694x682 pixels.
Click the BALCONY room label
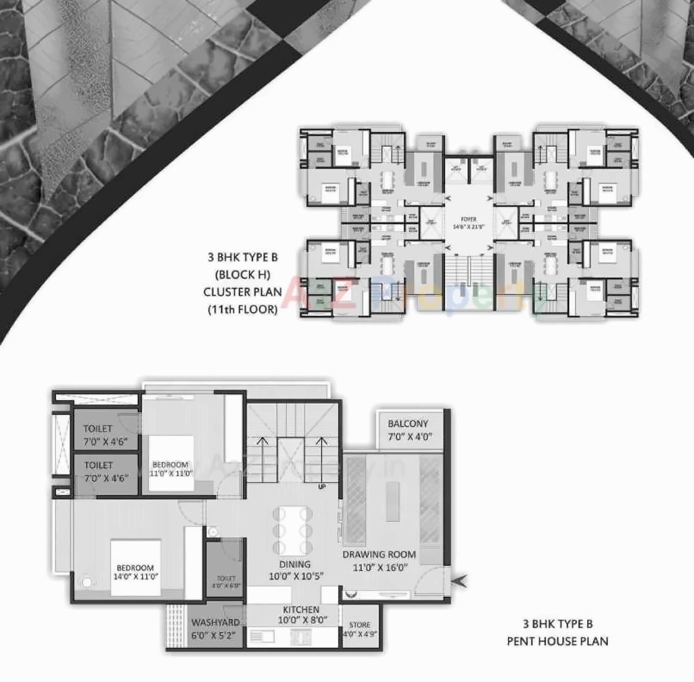408,424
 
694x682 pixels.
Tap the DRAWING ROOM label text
379,554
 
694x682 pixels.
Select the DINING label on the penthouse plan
295,564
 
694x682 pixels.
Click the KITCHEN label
301,610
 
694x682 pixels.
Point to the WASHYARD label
215,623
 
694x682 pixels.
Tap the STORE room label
359,625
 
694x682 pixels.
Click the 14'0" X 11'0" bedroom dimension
136,577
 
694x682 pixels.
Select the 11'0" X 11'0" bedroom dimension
171,473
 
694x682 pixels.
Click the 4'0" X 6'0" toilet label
226,585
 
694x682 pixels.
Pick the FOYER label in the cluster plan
468,219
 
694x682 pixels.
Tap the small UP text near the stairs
322,487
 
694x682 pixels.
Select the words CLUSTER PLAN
242,292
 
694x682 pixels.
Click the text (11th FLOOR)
242,309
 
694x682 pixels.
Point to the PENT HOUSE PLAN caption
557,641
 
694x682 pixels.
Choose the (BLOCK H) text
242,275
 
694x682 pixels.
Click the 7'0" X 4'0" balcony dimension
410,437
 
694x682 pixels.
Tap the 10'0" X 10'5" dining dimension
296,576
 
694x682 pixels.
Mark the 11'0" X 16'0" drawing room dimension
380,568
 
